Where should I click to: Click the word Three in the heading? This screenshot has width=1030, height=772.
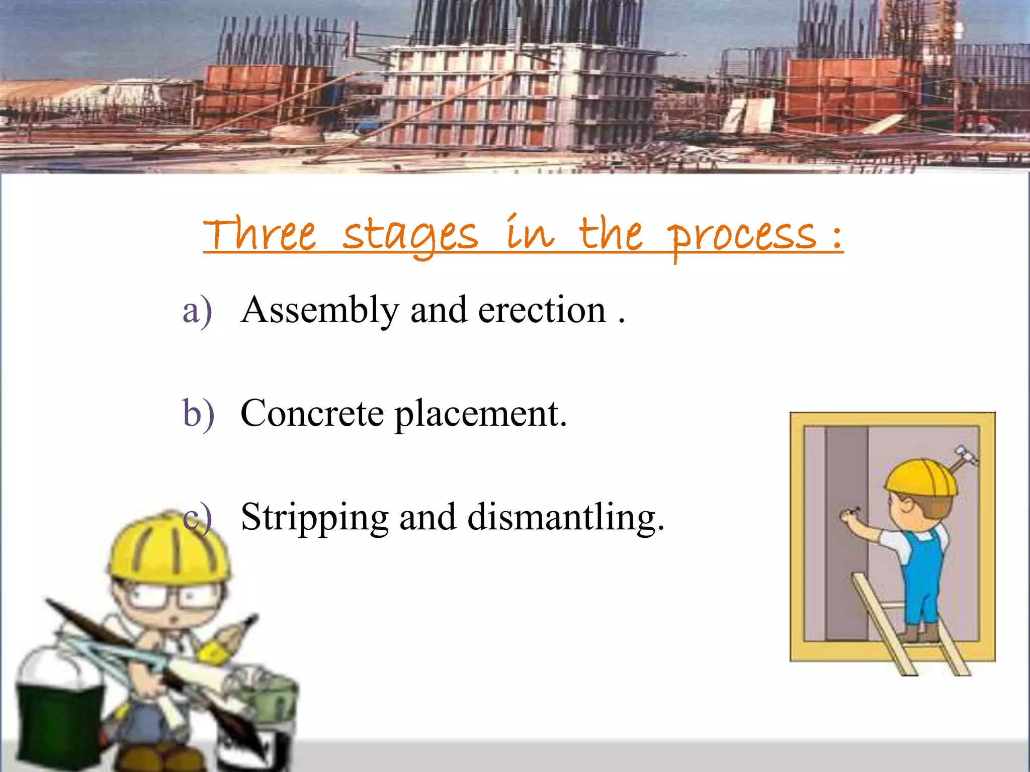pos(260,235)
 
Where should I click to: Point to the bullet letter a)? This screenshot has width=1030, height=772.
pos(197,311)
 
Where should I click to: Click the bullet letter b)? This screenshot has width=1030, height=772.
pos(198,414)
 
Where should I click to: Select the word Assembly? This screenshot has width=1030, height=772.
pos(320,311)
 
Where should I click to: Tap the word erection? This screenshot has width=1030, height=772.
pos(542,310)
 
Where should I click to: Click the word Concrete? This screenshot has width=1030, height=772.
pos(312,414)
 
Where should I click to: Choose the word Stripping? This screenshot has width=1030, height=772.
pos(315,518)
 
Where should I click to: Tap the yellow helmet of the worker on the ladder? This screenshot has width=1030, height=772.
pos(921,477)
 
